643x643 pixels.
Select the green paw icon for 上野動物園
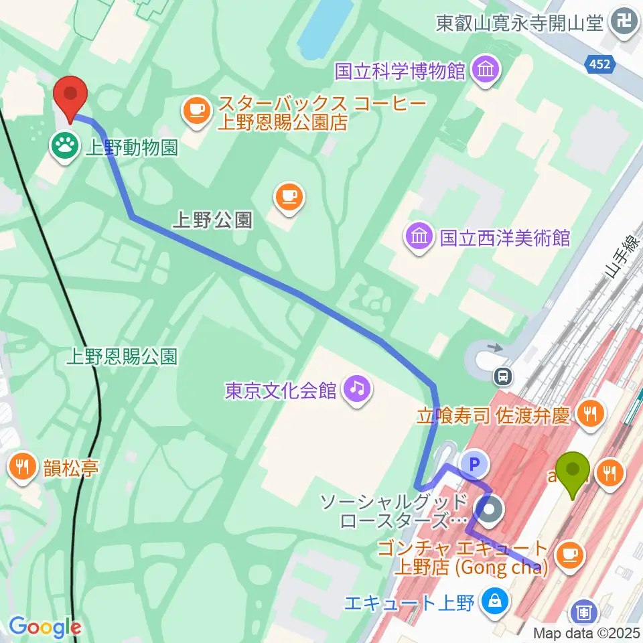[65, 144]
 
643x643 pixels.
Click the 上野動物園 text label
[131, 147]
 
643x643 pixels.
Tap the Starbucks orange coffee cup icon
[196, 111]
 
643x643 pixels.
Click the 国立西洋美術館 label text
[505, 238]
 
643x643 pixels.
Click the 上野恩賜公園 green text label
[122, 357]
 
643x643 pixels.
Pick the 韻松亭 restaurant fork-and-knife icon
[23, 467]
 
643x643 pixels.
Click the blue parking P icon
[474, 463]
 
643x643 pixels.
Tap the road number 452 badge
[600, 64]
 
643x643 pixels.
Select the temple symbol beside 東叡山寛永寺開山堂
[626, 24]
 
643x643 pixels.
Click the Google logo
[45, 627]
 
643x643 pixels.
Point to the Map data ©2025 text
[587, 632]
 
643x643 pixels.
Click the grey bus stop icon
[503, 377]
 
